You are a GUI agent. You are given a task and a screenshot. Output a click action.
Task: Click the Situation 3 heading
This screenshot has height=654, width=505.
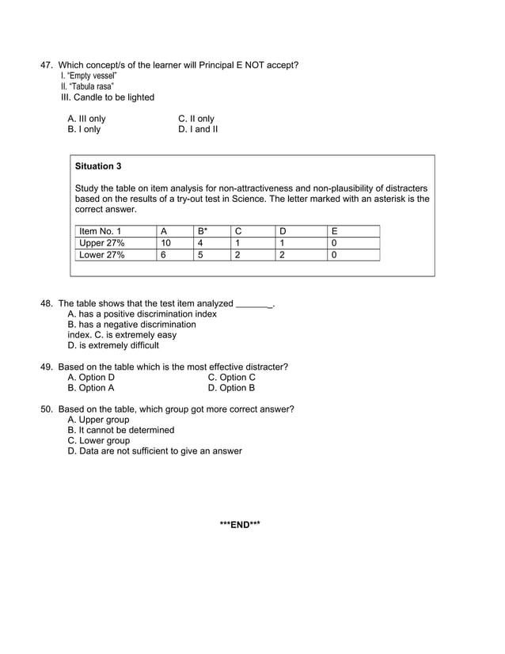98,167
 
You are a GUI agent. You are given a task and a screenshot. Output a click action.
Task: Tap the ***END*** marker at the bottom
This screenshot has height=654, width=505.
240,524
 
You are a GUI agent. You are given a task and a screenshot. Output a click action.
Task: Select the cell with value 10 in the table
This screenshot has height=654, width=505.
165,243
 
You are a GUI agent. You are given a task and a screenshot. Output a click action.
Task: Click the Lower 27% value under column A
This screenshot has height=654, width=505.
163,255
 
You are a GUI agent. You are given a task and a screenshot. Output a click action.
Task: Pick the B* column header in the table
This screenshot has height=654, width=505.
203,231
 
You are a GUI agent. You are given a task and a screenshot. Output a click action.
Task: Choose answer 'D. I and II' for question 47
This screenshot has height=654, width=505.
198,129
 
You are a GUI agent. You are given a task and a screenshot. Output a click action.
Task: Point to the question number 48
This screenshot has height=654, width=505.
46,303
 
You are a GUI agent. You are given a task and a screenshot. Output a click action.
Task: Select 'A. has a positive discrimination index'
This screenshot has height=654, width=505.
142,314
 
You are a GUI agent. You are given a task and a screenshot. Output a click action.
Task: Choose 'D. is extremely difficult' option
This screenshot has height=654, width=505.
113,345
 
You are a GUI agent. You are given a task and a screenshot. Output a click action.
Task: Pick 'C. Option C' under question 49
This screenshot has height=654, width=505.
231,378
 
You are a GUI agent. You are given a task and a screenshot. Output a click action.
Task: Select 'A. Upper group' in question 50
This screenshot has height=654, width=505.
98,420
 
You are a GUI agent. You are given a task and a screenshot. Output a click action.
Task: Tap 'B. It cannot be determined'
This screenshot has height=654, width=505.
121,430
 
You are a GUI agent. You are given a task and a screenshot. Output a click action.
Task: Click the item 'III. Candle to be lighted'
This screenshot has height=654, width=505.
108,97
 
